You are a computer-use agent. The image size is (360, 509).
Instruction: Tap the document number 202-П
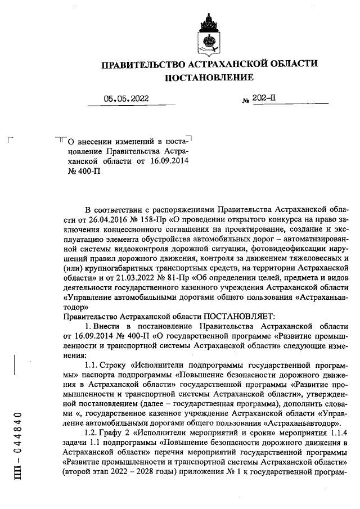(x=264, y=98)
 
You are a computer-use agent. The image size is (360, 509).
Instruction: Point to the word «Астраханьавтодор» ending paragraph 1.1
(x=304, y=422)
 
